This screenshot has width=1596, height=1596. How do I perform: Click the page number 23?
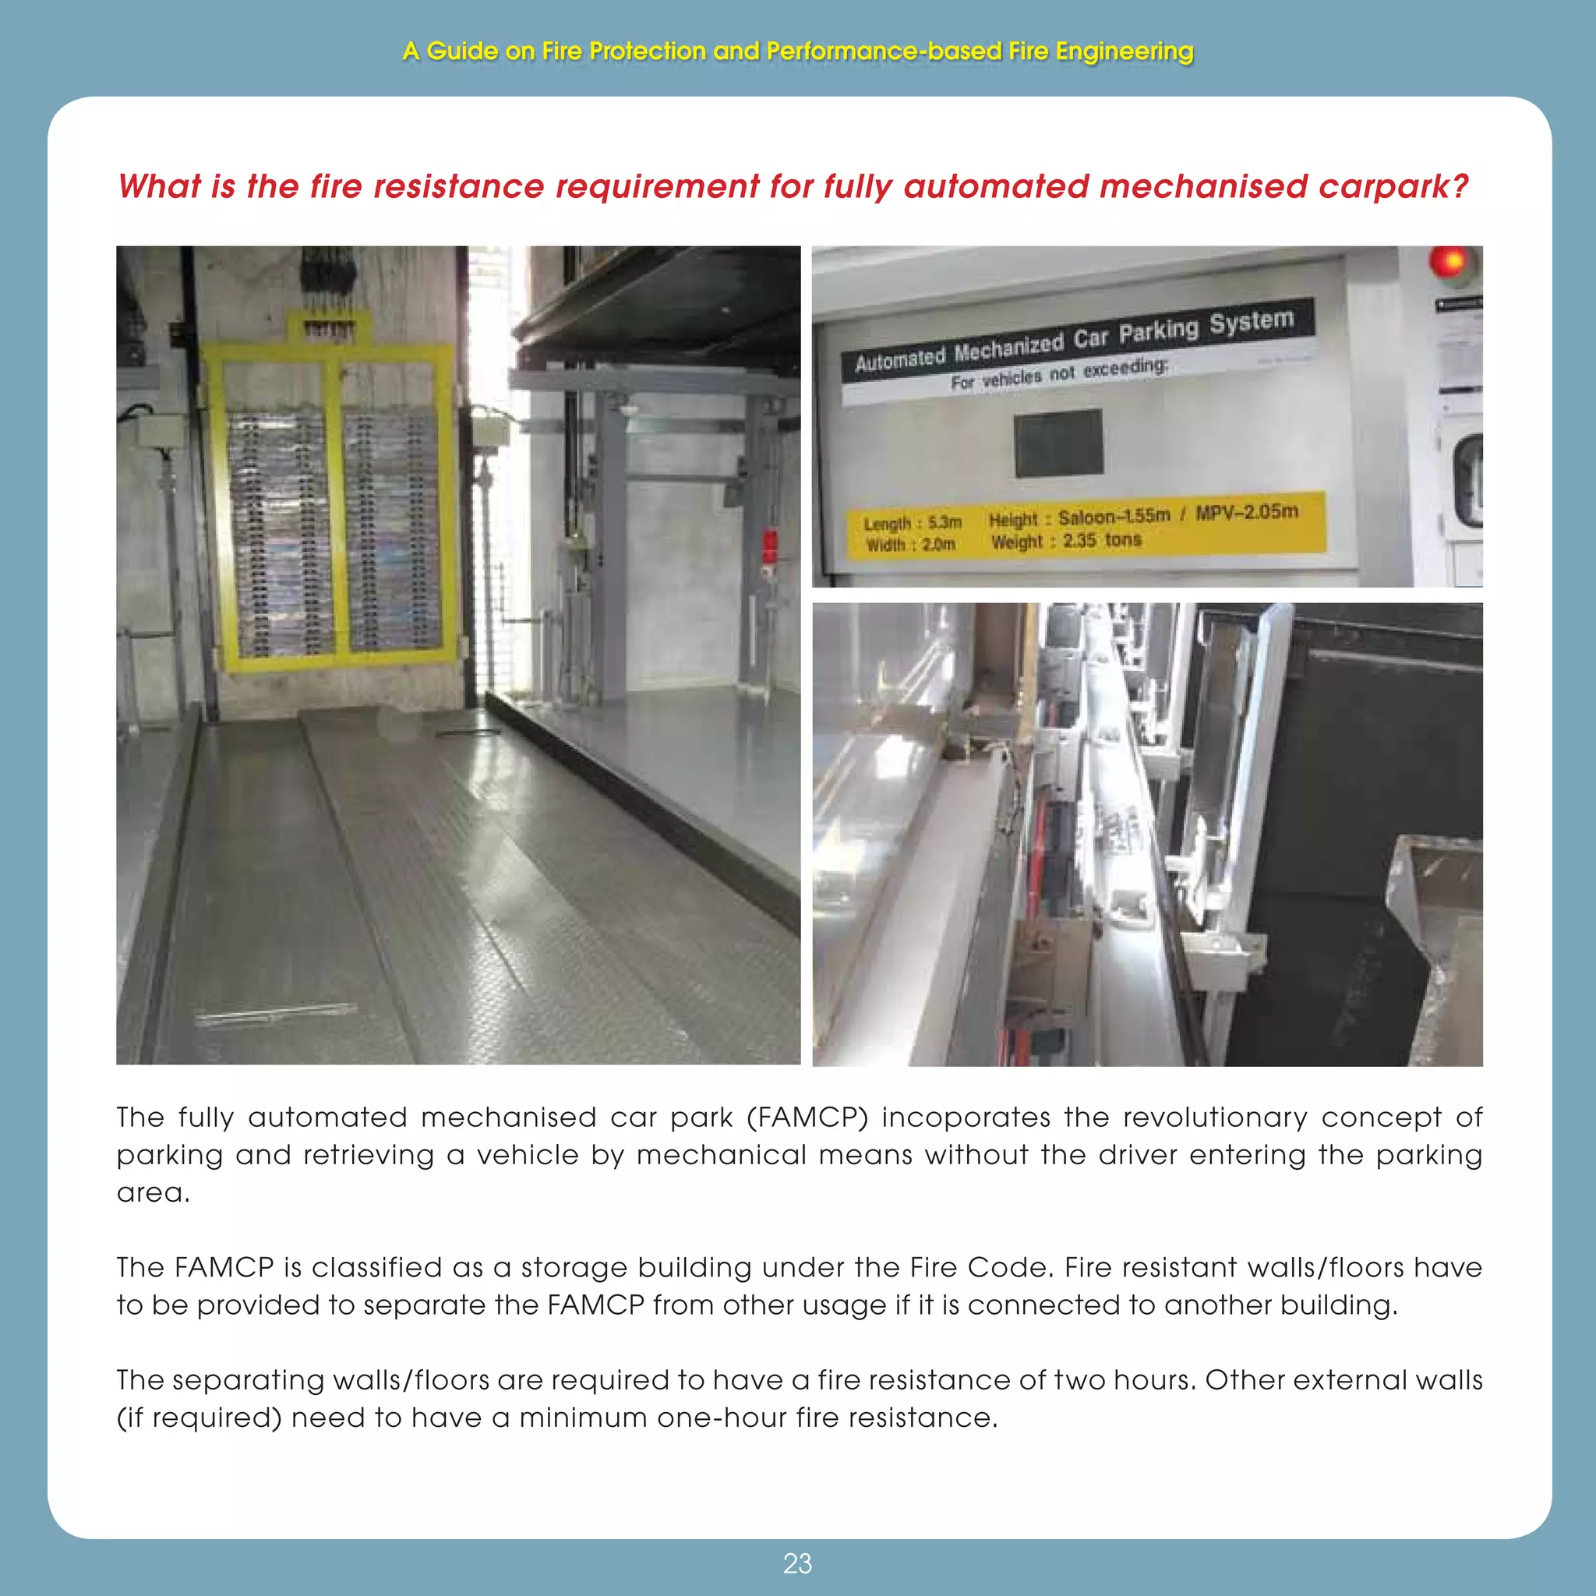point(797,1564)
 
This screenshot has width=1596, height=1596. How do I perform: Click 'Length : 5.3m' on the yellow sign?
point(913,523)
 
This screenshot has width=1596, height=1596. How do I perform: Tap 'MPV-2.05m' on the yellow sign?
point(1247,512)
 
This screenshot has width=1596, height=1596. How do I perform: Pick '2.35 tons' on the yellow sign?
point(1102,540)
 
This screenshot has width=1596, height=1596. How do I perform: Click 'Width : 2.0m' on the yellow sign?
point(910,546)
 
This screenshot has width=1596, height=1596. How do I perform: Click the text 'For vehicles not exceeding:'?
point(1059,373)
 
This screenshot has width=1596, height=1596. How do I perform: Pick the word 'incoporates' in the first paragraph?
point(966,1118)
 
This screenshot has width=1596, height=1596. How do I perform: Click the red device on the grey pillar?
point(769,546)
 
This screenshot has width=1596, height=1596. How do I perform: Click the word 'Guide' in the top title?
point(462,51)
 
